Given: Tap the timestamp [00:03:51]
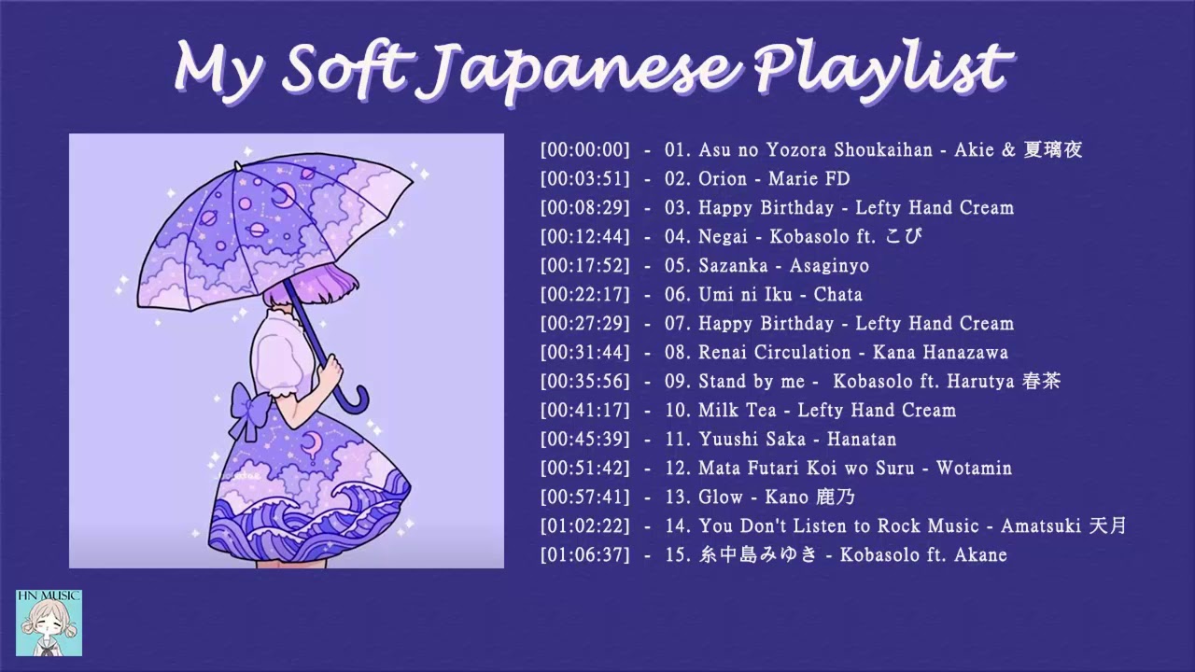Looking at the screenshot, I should (x=584, y=178).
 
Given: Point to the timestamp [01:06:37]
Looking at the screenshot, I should (x=584, y=555).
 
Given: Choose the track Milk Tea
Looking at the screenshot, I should (x=733, y=411).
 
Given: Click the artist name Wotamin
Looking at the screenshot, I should (x=974, y=469).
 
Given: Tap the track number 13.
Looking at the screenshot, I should (x=676, y=497).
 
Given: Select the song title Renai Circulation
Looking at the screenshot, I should (x=774, y=353).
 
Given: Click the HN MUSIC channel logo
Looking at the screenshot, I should (x=49, y=622).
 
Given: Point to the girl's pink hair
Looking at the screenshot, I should (x=280, y=297).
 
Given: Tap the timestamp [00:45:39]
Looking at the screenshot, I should (x=584, y=440).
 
